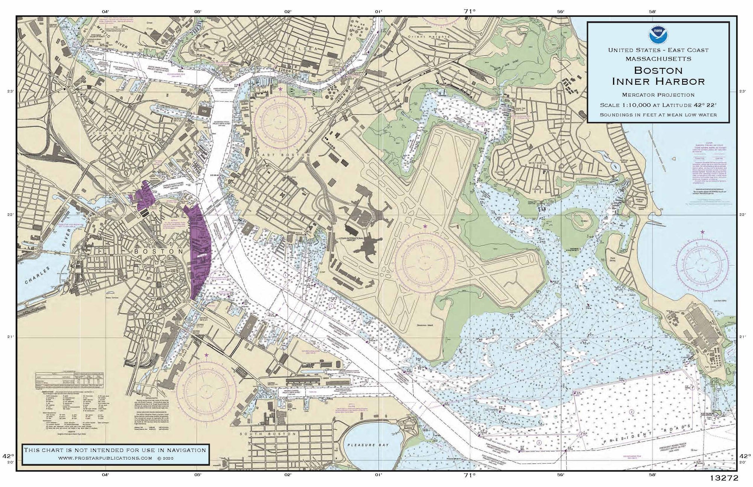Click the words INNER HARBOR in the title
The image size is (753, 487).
658,81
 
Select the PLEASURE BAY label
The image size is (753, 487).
367,445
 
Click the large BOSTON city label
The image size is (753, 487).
159,251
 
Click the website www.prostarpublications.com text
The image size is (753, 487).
105,458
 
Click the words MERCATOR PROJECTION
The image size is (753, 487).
658,95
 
